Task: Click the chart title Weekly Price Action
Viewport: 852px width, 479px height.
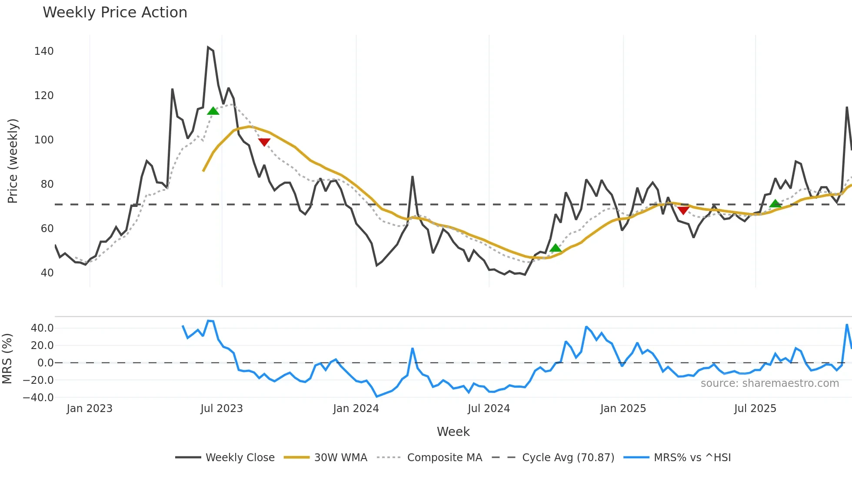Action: click(x=115, y=13)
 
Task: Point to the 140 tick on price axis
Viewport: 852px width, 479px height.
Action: click(x=44, y=51)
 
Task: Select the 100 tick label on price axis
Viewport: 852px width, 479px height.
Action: click(x=44, y=140)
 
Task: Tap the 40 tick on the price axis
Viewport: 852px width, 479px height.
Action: click(x=47, y=273)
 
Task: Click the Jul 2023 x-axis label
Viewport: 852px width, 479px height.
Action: click(x=222, y=409)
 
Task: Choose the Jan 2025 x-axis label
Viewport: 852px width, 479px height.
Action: click(x=623, y=409)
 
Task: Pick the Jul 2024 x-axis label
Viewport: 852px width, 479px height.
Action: click(x=489, y=409)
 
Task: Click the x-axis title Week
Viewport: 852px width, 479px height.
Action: click(x=453, y=432)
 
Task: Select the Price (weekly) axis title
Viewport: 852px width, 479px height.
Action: click(x=13, y=161)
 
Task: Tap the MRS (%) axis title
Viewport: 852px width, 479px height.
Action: click(x=7, y=359)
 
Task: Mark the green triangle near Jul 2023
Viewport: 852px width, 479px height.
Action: click(x=213, y=111)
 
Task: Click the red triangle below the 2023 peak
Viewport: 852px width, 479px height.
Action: click(x=264, y=142)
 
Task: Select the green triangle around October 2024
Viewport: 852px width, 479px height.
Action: click(x=556, y=248)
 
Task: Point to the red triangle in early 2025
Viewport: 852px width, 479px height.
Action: click(x=683, y=211)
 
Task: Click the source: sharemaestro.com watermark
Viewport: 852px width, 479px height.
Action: click(x=769, y=383)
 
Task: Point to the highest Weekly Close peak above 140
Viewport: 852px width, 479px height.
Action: click(x=208, y=47)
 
